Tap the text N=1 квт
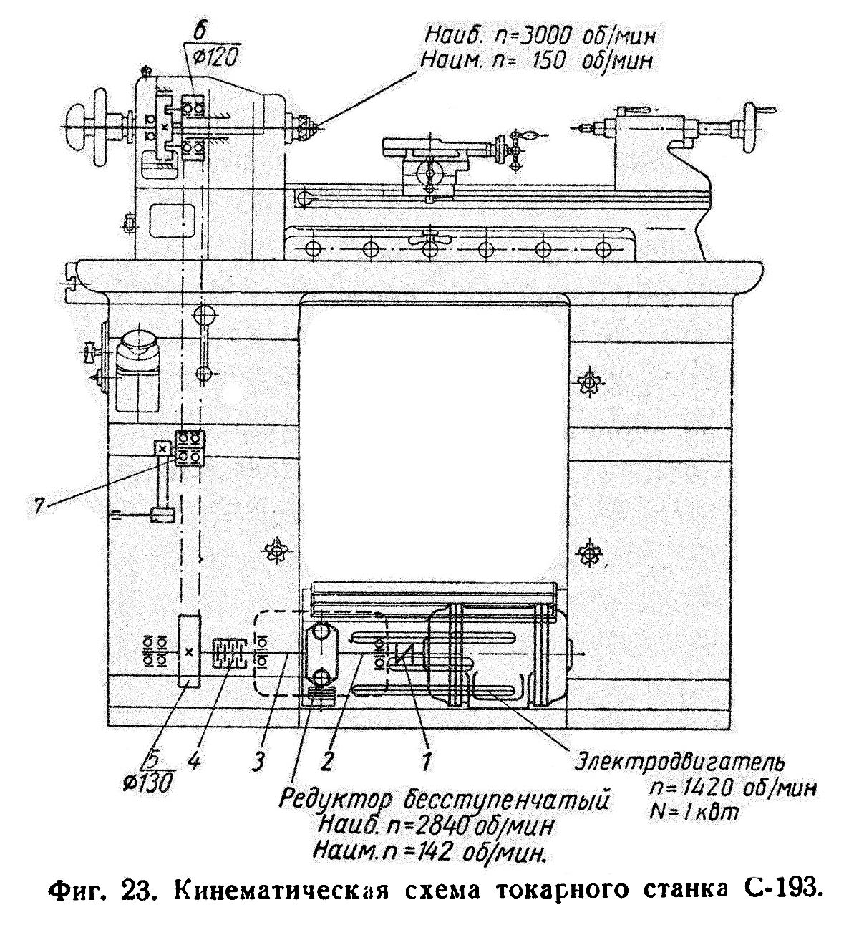click(x=694, y=813)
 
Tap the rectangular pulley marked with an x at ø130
click(x=189, y=651)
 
